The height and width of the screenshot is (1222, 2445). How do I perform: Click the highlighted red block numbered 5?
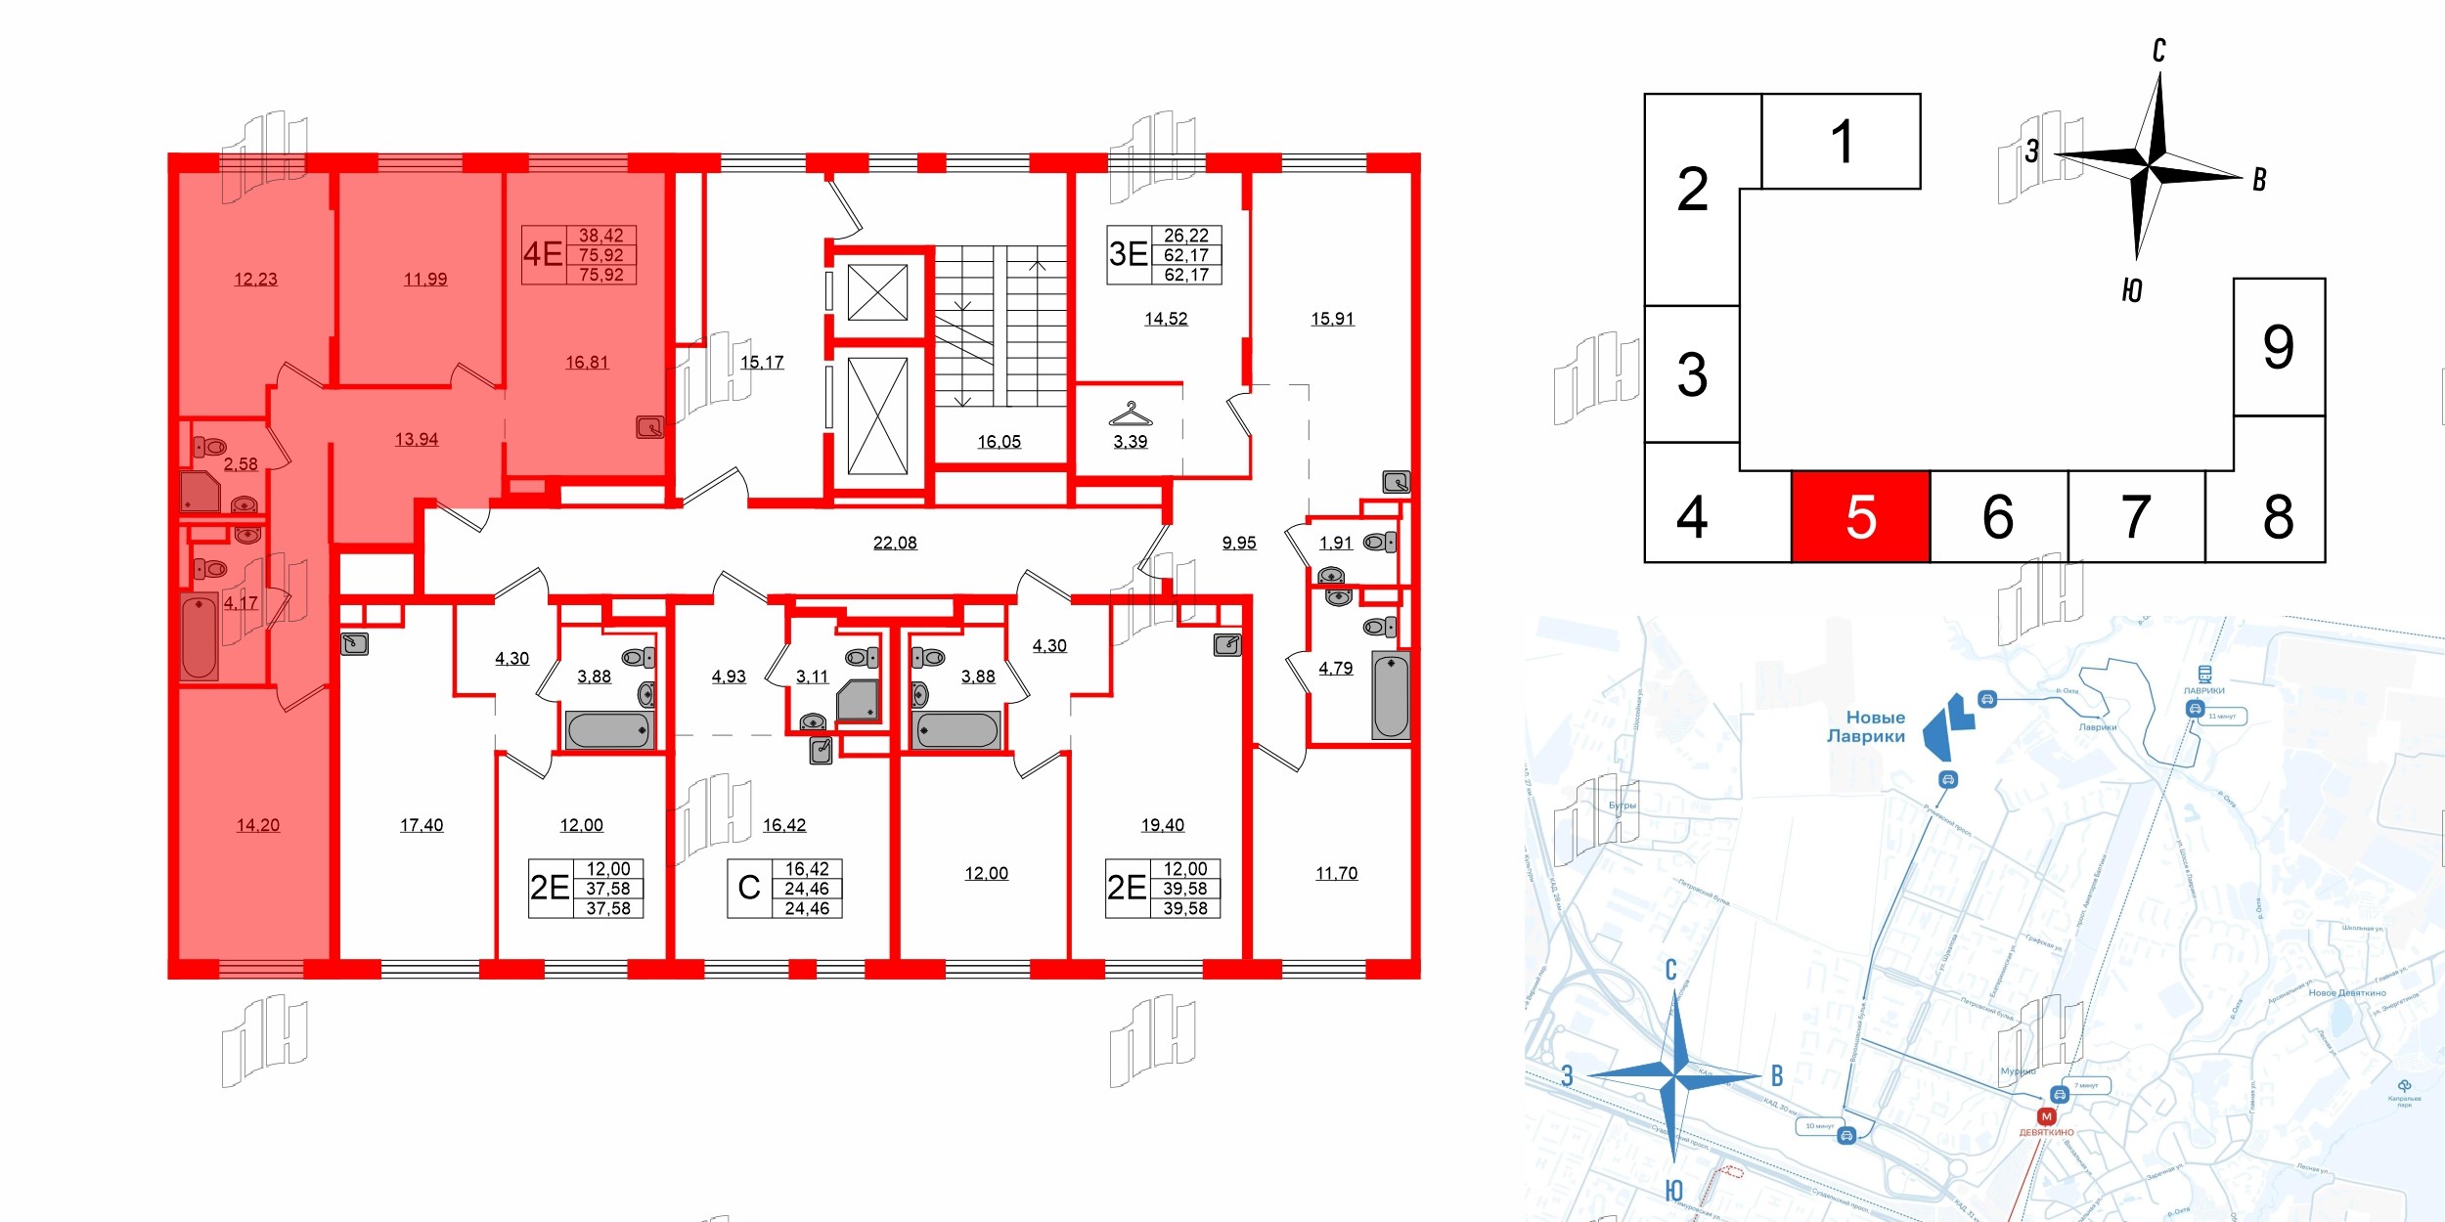[1860, 517]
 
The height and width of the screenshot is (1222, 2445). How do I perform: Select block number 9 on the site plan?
[2278, 347]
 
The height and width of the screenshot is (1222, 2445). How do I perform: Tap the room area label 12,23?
[255, 280]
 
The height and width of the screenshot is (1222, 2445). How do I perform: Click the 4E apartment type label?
[543, 254]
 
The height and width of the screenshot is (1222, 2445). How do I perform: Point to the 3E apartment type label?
[1128, 254]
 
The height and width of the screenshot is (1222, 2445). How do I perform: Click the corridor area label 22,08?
[895, 543]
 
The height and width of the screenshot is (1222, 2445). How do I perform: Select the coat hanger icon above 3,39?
[1130, 415]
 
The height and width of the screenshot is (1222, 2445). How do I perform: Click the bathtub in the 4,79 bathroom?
[1390, 696]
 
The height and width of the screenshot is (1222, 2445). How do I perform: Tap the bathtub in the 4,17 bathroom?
[200, 636]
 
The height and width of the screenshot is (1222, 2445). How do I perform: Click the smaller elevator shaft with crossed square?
[877, 292]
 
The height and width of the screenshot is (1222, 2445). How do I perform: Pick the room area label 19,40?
[1162, 825]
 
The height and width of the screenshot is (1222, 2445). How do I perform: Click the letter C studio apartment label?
[749, 888]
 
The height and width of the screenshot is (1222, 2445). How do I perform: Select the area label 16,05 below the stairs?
[999, 442]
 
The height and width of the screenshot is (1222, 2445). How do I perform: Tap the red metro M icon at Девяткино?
[2046, 1116]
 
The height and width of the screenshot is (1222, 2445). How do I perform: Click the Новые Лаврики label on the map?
[1866, 726]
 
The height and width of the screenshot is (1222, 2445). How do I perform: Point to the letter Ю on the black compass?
[2132, 290]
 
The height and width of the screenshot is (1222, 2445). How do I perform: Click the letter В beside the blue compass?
[1777, 1076]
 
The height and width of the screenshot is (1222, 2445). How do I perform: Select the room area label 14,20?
[258, 825]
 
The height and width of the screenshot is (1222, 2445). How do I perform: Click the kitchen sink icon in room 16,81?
[649, 427]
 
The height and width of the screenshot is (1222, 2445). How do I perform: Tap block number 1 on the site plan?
[1841, 142]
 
